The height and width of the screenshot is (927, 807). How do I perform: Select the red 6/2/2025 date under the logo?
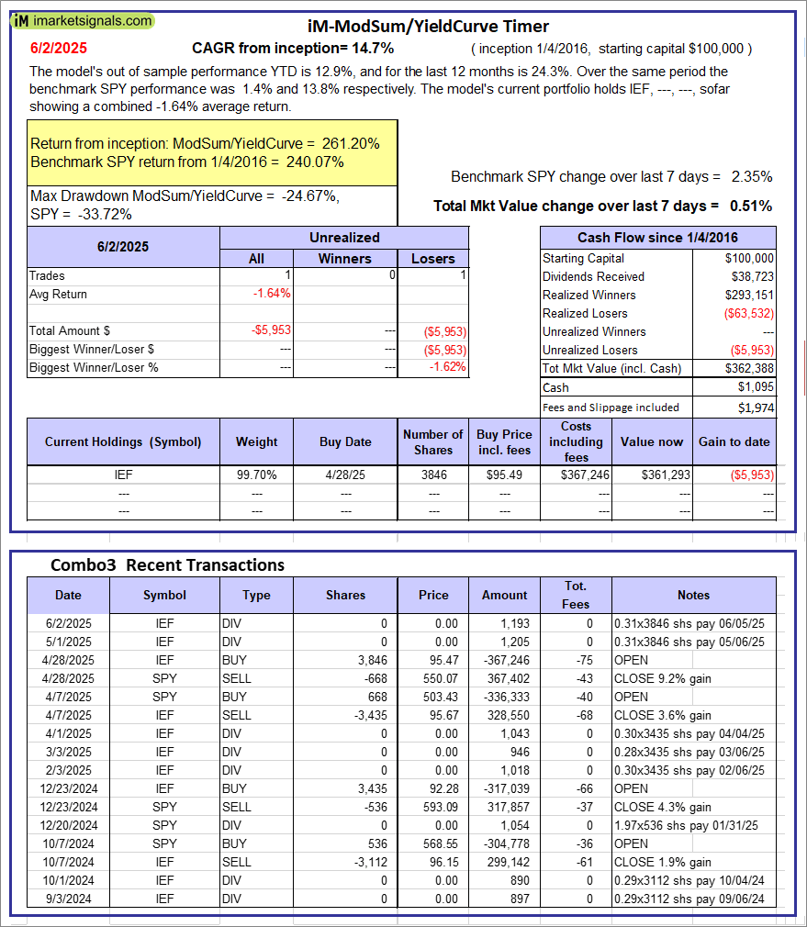pyautogui.click(x=60, y=49)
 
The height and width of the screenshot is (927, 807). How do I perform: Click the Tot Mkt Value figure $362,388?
pyautogui.click(x=749, y=368)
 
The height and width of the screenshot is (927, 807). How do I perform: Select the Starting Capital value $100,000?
pyautogui.click(x=749, y=258)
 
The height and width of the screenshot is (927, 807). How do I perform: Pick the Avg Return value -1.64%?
pyautogui.click(x=271, y=294)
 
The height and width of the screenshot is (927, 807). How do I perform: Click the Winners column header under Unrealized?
pyautogui.click(x=344, y=259)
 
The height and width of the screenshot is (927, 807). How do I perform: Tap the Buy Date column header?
pyautogui.click(x=345, y=441)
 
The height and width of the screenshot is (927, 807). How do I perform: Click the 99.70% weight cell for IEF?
pyautogui.click(x=257, y=475)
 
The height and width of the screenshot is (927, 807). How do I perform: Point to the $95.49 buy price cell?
pyautogui.click(x=504, y=475)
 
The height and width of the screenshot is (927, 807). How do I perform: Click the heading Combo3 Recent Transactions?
pyautogui.click(x=167, y=564)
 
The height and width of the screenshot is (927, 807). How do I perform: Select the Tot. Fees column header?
pyautogui.click(x=576, y=595)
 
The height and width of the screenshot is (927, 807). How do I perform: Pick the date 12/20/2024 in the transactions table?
pyautogui.click(x=68, y=825)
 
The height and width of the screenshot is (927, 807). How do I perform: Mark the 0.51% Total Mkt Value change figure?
pyautogui.click(x=752, y=206)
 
